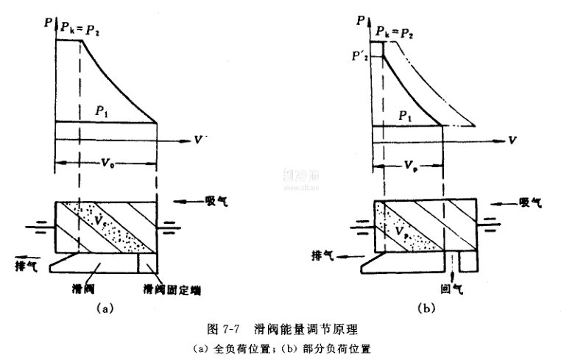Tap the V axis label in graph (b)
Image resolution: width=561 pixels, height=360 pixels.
(x=510, y=138)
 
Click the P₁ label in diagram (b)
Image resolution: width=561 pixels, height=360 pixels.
(x=403, y=116)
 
